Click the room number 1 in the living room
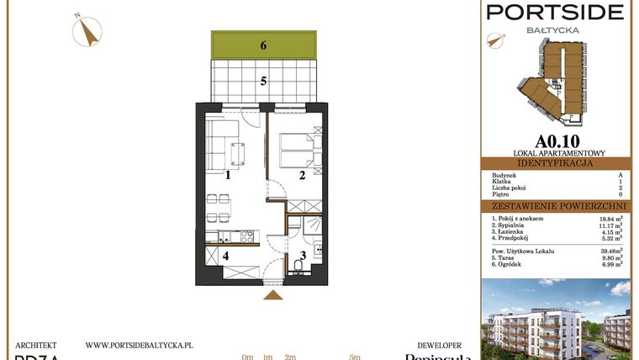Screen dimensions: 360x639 (x=228, y=176)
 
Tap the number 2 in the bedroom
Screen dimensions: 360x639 (x=301, y=176)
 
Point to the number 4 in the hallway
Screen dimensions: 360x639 (x=224, y=256)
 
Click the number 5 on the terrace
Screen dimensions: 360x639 (x=263, y=82)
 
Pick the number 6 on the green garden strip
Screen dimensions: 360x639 (x=263, y=45)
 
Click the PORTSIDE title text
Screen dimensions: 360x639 (x=556, y=12)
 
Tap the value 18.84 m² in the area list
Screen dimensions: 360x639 (x=607, y=219)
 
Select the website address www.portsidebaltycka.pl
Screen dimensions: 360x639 (x=140, y=345)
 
